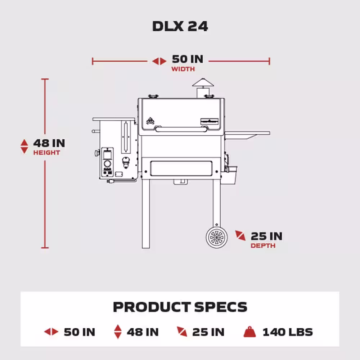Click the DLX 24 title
click(x=180, y=26)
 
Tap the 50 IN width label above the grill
click(x=187, y=59)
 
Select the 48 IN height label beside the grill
click(x=49, y=143)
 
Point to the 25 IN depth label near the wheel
click(x=266, y=236)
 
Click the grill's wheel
click(x=217, y=238)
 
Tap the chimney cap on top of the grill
click(x=203, y=83)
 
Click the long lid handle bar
click(x=181, y=129)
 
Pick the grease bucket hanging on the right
click(x=229, y=175)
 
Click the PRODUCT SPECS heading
click(x=180, y=307)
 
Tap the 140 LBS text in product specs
click(x=287, y=332)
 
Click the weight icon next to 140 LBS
click(x=249, y=332)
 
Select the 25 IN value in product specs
click(x=208, y=332)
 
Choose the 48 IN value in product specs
click(x=143, y=332)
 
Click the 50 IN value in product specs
click(x=79, y=332)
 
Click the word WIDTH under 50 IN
click(x=183, y=69)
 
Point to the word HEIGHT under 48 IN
click(x=47, y=153)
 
